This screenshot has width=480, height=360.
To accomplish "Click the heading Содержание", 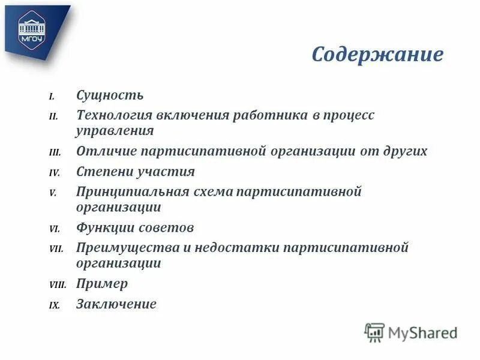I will [377, 55].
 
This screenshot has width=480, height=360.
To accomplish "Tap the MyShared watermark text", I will [422, 332].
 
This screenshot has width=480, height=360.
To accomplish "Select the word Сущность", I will [110, 95].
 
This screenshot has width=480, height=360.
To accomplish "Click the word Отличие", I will [104, 151].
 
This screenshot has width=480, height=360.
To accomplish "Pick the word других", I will [403, 151].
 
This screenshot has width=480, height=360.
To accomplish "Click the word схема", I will [213, 192].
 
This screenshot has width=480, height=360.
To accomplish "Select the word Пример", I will [102, 284].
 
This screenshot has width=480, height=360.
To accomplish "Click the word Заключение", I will [116, 304].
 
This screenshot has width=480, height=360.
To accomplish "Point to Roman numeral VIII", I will [58, 285].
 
